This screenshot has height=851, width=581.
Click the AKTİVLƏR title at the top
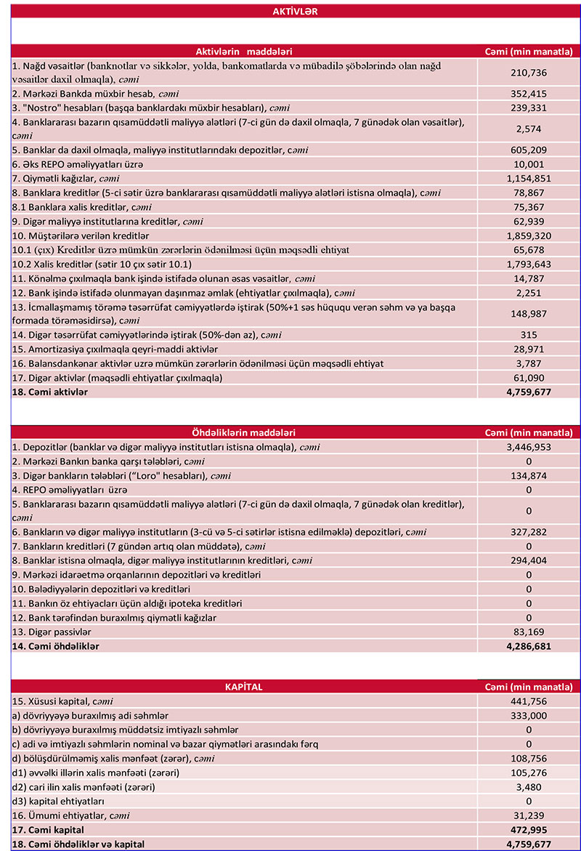(x=295, y=12)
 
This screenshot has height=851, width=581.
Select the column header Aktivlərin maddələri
(x=244, y=52)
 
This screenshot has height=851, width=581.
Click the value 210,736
(x=528, y=73)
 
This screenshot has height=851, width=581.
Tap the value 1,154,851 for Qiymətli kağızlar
(x=528, y=178)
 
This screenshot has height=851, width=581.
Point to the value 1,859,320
(x=528, y=235)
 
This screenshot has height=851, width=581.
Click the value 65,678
(x=528, y=250)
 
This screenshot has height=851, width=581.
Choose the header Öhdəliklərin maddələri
(x=244, y=432)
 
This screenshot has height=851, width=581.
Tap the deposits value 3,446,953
(x=528, y=447)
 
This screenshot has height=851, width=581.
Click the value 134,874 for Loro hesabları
(x=528, y=476)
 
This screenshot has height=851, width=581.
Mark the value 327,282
(x=528, y=532)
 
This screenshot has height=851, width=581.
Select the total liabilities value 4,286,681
(x=528, y=645)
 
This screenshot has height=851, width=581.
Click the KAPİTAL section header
(x=244, y=686)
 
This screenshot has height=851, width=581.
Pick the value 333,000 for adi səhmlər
(x=528, y=715)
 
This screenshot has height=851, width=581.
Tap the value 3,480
(x=528, y=786)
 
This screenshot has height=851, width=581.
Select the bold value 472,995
(x=528, y=829)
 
